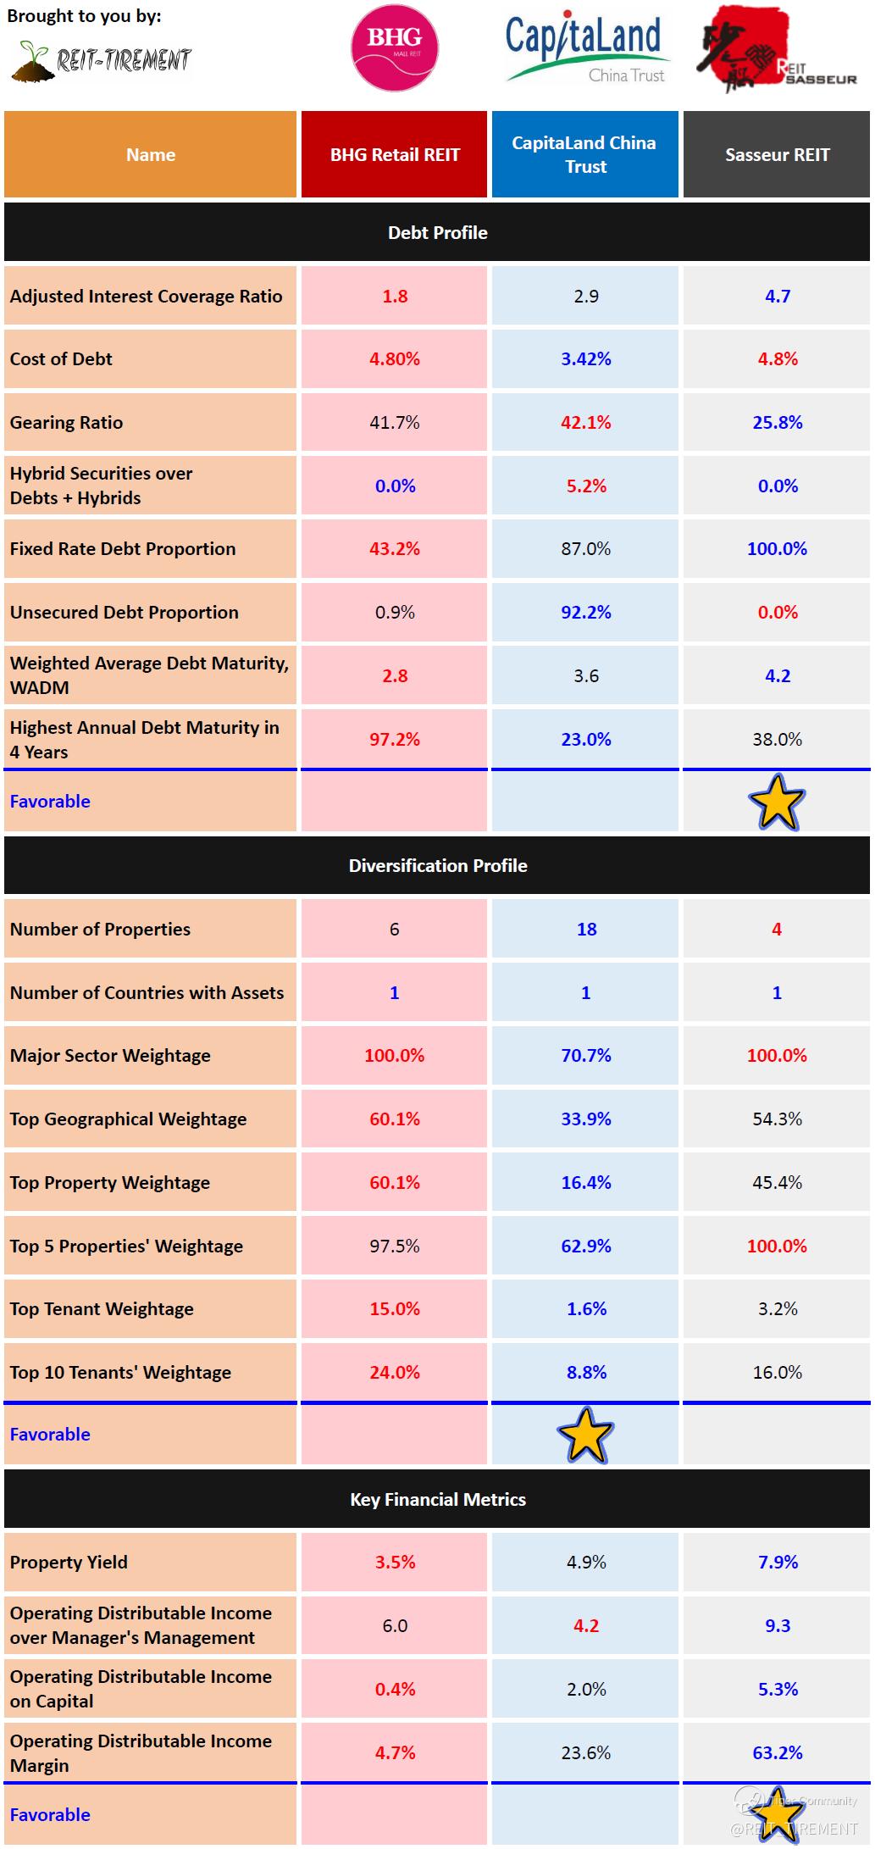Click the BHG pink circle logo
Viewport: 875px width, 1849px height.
coord(394,47)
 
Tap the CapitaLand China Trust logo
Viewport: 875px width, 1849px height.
coord(584,49)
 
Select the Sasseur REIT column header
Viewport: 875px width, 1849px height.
coord(777,155)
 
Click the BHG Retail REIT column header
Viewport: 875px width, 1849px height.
coord(395,155)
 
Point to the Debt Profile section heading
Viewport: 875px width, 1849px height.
coord(437,233)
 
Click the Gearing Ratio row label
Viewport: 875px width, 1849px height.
coord(66,423)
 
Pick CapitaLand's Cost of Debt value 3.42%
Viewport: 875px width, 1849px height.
coord(585,359)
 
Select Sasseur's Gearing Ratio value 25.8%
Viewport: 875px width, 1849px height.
coord(777,423)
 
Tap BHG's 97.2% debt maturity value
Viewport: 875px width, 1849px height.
coord(395,740)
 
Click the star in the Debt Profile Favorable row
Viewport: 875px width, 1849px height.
coord(777,802)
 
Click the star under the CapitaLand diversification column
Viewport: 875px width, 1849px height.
coord(585,1435)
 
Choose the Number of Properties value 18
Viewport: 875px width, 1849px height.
coord(586,930)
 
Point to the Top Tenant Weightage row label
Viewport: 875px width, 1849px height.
coord(102,1309)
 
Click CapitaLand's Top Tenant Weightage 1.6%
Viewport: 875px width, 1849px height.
coord(586,1309)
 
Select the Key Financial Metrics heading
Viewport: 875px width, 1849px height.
coord(437,1500)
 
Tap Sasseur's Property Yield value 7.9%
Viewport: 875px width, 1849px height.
coord(778,1563)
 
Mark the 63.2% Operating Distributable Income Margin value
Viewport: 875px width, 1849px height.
coord(778,1752)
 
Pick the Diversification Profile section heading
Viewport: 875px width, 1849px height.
coord(437,866)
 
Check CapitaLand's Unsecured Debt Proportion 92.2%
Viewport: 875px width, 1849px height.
coord(585,613)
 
